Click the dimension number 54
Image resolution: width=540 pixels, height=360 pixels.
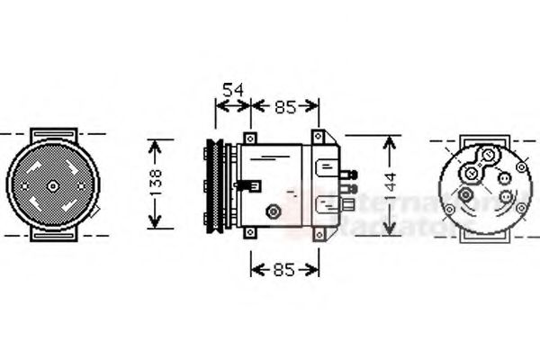click(233, 90)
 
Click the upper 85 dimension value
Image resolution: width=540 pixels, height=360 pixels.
click(285, 108)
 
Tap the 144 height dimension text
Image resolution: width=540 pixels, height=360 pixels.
click(390, 184)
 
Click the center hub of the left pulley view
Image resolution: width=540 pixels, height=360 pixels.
click(53, 186)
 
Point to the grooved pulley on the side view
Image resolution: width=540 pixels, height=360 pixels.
click(217, 184)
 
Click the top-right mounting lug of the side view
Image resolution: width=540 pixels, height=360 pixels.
click(318, 136)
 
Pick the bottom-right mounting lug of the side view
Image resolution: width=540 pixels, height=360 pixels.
click(318, 235)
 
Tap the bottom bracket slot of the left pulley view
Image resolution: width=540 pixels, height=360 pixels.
click(53, 237)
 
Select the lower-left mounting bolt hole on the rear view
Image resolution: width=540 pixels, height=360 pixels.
click(464, 196)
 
